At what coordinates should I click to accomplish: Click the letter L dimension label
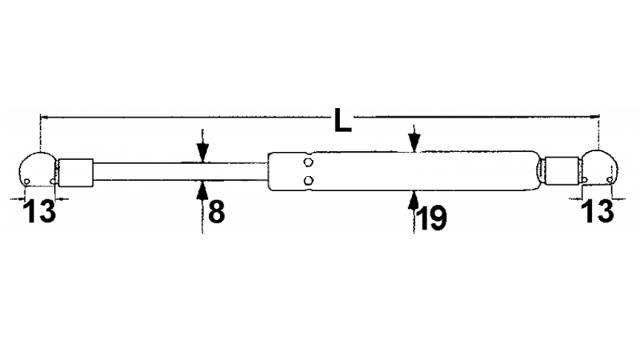[342, 121]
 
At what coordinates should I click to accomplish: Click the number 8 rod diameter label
[216, 211]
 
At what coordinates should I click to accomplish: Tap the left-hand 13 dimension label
[39, 211]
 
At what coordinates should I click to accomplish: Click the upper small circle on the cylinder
[309, 162]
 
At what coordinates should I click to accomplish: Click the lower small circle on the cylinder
[309, 180]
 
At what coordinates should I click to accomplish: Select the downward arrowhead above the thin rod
[202, 154]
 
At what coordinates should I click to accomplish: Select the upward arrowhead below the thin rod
[202, 190]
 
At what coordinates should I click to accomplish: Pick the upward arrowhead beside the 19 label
[414, 200]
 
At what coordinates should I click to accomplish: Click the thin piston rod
[181, 171]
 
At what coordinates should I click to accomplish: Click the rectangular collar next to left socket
[76, 173]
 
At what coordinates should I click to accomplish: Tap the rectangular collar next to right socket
[562, 170]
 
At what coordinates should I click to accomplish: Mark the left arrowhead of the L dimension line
[45, 117]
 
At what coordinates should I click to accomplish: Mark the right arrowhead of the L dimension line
[594, 117]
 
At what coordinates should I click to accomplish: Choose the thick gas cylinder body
[403, 171]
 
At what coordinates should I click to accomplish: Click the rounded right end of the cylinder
[537, 171]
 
